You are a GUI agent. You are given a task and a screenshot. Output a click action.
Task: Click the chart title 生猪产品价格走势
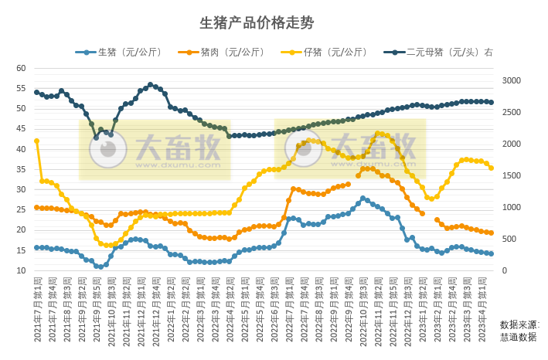pos(257,22)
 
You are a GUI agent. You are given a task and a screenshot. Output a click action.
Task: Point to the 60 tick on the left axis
pos(21,68)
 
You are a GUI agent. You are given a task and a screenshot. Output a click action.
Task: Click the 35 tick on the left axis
pos(21,169)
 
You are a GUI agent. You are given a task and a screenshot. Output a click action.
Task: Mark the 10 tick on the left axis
pos(21,270)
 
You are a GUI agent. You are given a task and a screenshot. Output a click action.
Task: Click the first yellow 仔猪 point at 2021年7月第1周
pos(36,141)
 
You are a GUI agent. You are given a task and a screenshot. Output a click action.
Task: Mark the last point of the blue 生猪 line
pos(491,253)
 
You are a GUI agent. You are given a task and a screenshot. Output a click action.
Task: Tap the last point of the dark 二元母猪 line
pos(491,102)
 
